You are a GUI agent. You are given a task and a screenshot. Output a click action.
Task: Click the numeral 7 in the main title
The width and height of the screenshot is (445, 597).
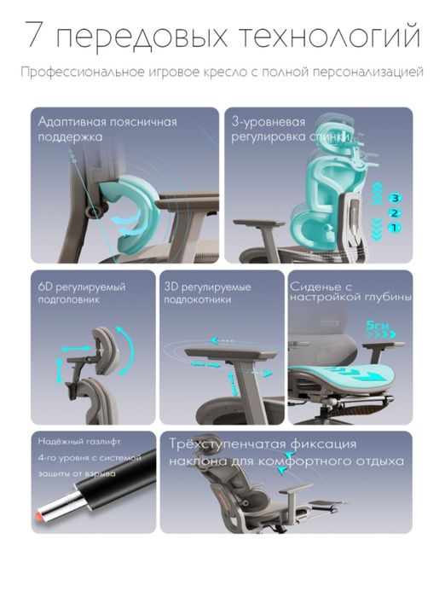tap(34, 35)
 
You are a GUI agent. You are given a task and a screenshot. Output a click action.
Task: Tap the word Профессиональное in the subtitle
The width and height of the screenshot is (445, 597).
tap(81, 72)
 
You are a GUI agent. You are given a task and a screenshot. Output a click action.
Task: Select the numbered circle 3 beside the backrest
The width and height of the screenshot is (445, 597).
tap(395, 198)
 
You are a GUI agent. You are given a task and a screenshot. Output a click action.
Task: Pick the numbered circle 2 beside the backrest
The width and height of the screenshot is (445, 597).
tap(395, 213)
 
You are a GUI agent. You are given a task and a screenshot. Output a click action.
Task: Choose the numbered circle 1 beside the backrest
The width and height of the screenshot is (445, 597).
tap(395, 228)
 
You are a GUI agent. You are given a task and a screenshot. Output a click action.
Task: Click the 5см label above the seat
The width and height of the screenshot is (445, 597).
tap(378, 326)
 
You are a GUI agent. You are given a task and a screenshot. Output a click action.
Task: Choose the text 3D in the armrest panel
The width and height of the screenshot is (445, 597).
tap(170, 287)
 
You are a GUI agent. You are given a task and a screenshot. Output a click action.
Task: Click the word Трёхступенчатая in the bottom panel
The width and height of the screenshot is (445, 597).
tap(228, 444)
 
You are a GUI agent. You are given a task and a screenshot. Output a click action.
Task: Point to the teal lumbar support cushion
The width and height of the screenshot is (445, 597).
tap(133, 213)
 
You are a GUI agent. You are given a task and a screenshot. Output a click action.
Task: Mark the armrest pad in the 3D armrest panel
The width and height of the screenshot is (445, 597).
tap(230, 354)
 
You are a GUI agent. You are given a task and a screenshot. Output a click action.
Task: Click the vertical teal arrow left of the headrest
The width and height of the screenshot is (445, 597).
tap(60, 370)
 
